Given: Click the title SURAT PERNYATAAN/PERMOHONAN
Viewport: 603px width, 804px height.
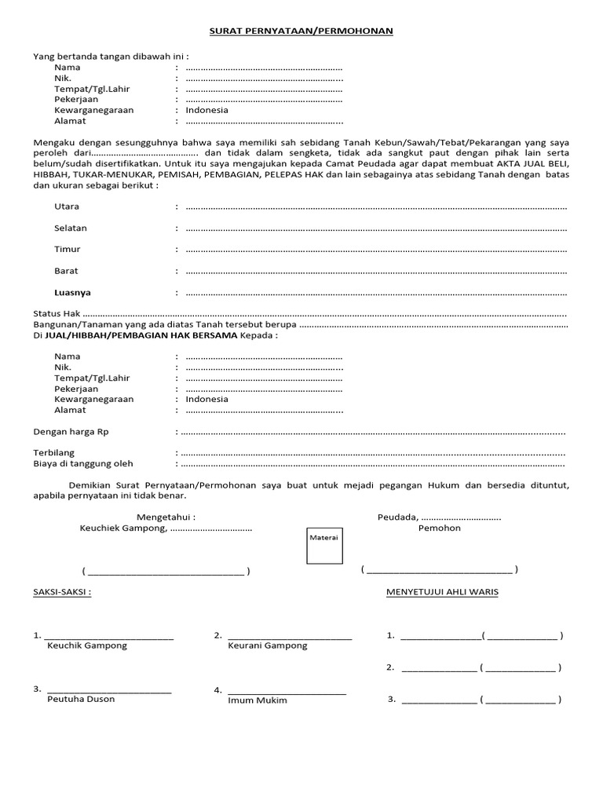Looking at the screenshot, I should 301,31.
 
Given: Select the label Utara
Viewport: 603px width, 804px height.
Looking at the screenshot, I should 67,206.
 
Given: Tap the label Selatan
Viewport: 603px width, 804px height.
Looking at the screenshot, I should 71,228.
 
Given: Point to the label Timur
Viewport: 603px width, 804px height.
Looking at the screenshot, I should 68,249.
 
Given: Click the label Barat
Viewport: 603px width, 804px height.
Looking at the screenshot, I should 67,271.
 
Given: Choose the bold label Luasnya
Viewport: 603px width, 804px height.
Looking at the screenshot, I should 72,292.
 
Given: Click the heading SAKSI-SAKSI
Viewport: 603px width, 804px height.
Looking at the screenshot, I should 62,592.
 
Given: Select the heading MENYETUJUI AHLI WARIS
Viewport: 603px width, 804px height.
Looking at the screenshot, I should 442,592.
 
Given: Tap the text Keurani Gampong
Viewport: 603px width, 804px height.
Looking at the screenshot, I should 268,645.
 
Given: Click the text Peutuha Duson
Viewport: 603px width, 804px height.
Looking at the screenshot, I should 81,699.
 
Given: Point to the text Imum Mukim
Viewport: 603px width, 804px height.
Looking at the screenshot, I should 258,700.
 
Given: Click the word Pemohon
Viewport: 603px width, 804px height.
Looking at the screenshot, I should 440,528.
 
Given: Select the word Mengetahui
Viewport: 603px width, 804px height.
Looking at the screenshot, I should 166,517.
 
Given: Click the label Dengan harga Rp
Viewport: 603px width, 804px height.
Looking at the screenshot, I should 71,432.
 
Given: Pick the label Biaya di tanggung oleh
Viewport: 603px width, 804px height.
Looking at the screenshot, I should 83,463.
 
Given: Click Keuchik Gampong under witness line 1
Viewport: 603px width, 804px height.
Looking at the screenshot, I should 87,645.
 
